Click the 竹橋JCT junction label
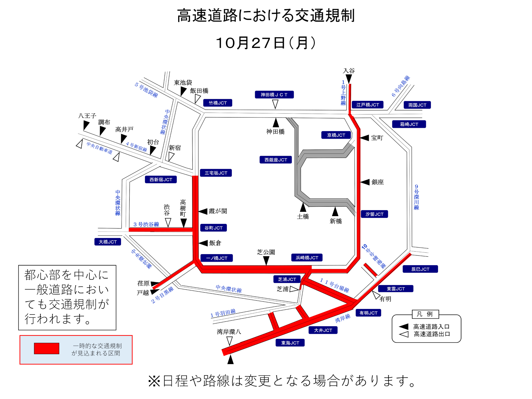pos(218,103)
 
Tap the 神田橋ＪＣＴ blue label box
pos(274,95)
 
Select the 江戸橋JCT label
pos(367,105)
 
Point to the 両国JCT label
pos(417,105)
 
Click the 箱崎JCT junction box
pos(409,124)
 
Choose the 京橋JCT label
pos(336,135)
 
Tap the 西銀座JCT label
pos(276,160)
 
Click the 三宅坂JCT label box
pos(216,173)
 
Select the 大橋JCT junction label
pos(108,242)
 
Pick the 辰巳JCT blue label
pos(420,269)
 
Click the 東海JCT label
pos(290,343)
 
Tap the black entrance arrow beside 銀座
pos(365,182)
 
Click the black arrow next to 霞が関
pos(203,211)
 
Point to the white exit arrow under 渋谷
pos(168,222)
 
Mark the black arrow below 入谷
pos(349,79)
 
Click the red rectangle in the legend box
pos(47,349)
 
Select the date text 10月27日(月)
pos(266,43)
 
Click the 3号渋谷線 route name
pos(146,224)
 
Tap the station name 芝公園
pos(266,252)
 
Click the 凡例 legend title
pos(425,314)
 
